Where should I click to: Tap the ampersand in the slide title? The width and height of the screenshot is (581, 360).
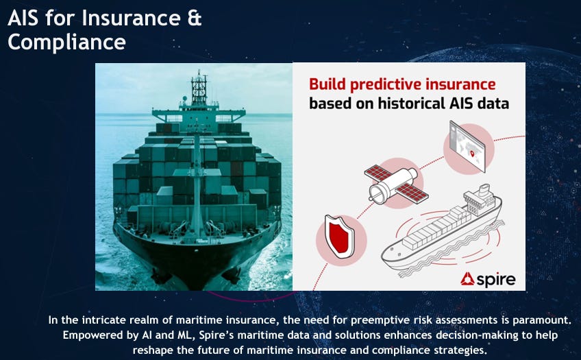(194, 18)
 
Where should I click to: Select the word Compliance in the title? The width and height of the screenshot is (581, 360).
(66, 42)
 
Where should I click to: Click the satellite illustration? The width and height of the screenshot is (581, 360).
(396, 184)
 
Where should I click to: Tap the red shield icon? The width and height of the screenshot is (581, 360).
(339, 237)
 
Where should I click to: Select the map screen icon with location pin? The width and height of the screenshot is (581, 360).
(468, 147)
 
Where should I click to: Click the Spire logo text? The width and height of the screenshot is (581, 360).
(496, 280)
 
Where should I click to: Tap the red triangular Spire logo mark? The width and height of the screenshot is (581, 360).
(467, 279)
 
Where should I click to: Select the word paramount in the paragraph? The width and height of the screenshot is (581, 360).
(542, 320)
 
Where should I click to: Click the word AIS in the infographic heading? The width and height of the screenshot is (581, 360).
(461, 103)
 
